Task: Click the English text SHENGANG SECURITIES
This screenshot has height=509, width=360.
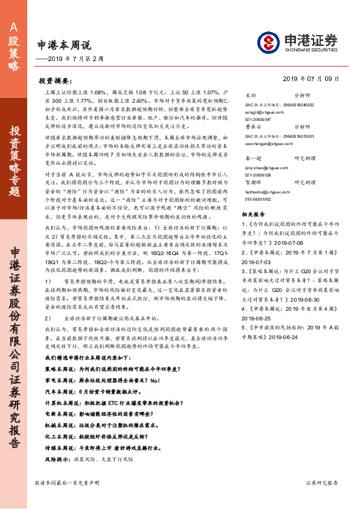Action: click(x=307, y=51)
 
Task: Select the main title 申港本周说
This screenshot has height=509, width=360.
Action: click(x=63, y=45)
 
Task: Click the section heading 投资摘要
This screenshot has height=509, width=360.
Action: click(x=59, y=80)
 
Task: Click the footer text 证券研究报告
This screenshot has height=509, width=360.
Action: click(x=326, y=483)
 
